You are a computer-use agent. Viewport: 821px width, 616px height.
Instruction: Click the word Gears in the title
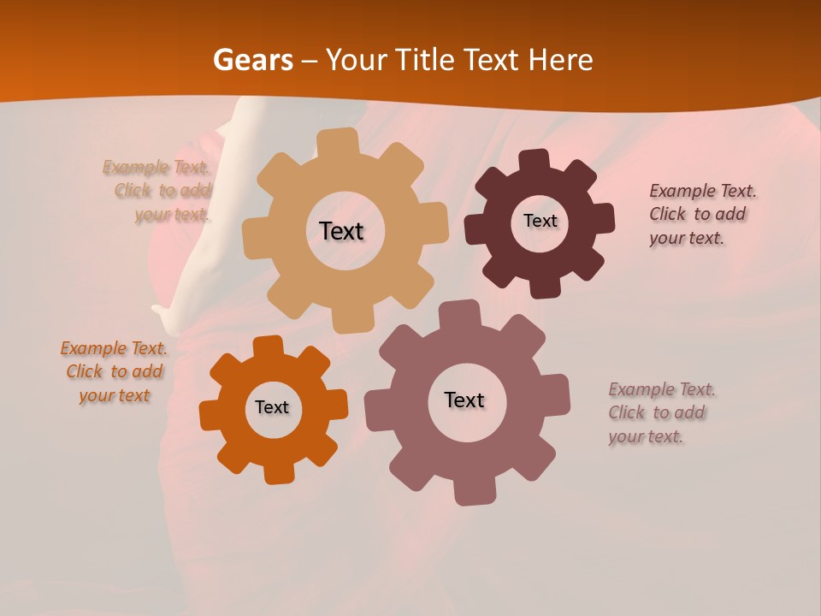[x=252, y=60]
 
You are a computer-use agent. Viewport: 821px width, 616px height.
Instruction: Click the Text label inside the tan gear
[x=341, y=231]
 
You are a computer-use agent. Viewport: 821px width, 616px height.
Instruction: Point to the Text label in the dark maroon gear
[x=540, y=221]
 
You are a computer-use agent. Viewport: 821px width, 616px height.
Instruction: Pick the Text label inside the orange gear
[x=272, y=407]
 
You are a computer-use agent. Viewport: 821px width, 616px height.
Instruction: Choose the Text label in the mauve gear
[x=464, y=400]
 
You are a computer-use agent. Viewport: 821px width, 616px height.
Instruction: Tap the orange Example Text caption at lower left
[x=115, y=371]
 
